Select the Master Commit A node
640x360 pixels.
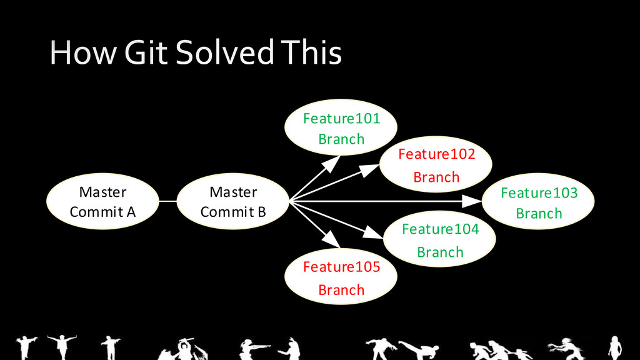coord(102,201)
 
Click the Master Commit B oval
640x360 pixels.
coord(233,201)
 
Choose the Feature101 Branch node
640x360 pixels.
coord(341,128)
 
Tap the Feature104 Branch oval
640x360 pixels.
coord(440,240)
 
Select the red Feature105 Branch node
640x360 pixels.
coord(341,278)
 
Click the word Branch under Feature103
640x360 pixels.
coord(539,213)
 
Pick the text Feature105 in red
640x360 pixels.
coord(341,267)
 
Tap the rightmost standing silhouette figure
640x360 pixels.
coord(614,346)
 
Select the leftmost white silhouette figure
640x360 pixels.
coord(26,346)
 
